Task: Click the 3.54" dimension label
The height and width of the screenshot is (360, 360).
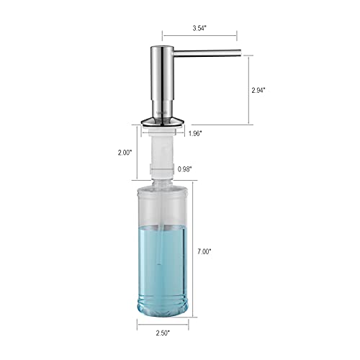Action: pos(199,27)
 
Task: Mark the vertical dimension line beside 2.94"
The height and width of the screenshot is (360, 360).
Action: pos(249,90)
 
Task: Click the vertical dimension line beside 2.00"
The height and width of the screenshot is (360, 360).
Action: pos(135,153)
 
